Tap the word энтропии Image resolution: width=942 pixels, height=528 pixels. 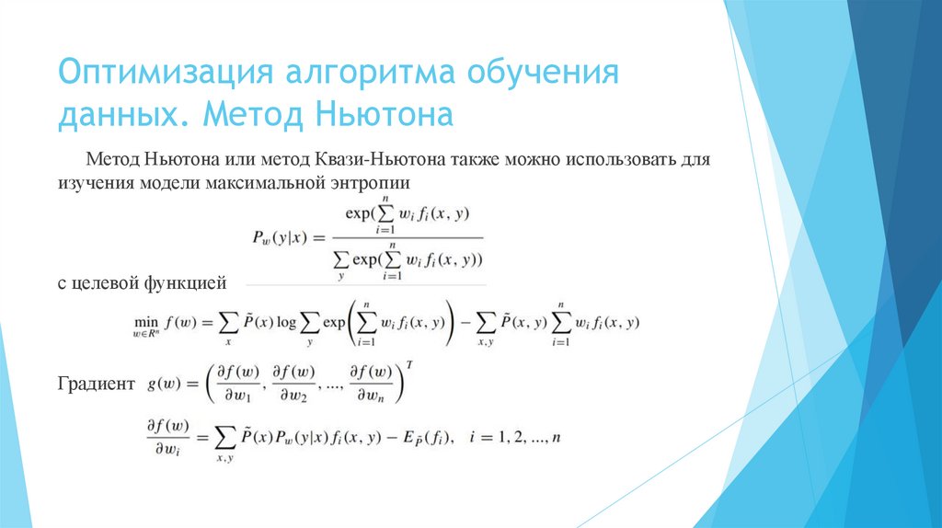click(367, 183)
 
